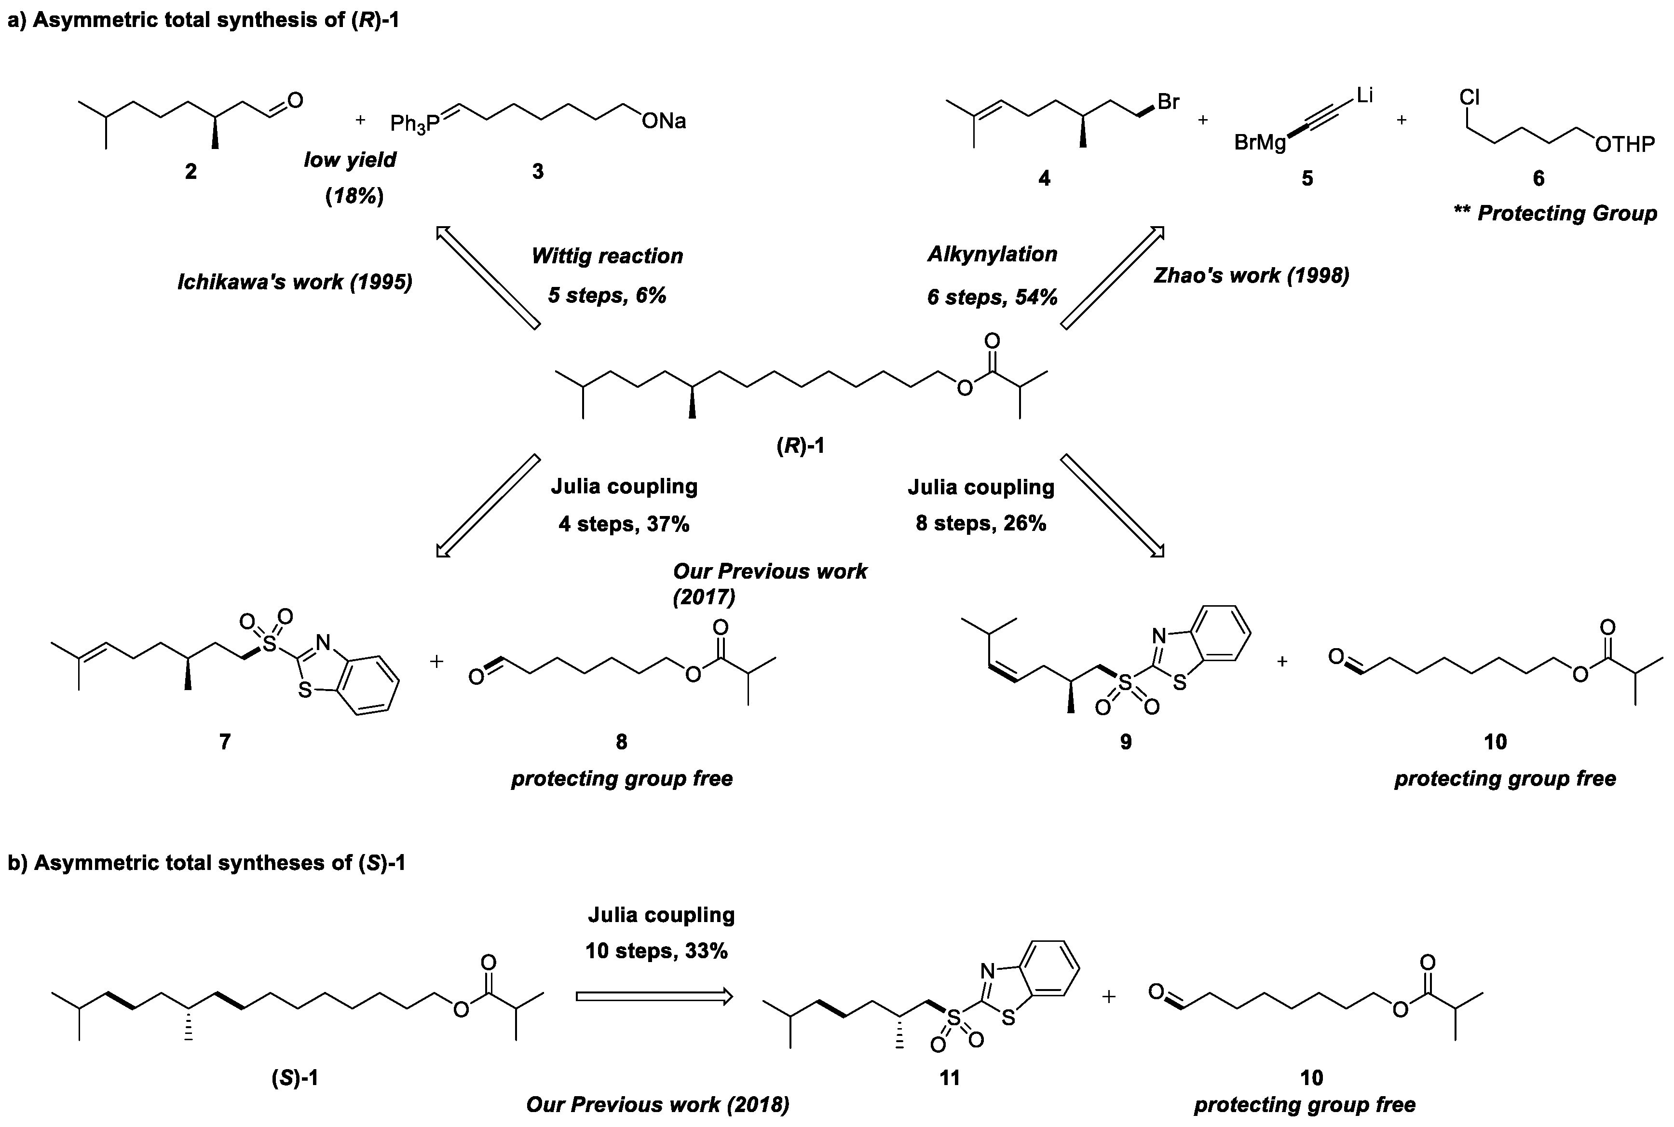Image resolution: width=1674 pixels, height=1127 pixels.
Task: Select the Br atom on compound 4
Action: [x=1168, y=102]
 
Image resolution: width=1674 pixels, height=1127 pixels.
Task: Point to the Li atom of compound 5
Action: [x=1364, y=95]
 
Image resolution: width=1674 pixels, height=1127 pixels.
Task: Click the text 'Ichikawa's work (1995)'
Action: [x=295, y=282]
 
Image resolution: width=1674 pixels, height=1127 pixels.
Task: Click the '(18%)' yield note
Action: [x=354, y=195]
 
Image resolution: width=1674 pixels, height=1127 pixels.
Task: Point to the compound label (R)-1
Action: [x=800, y=446]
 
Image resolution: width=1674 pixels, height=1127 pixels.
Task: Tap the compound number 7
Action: [x=224, y=741]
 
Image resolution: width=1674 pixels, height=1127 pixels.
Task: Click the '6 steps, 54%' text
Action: [x=992, y=297]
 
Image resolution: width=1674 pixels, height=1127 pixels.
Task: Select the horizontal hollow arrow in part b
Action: [x=653, y=996]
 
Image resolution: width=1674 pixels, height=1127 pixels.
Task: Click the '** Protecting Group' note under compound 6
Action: [x=1555, y=214]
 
